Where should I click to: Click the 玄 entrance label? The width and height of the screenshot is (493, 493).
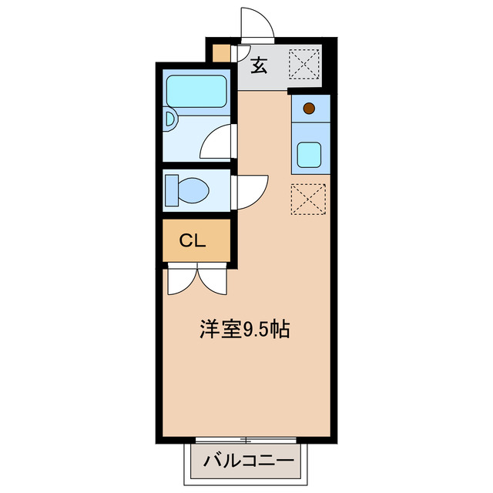click(x=260, y=66)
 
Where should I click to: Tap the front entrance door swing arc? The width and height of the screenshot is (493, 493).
click(x=257, y=23)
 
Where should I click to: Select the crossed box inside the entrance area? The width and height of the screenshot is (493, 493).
click(x=304, y=62)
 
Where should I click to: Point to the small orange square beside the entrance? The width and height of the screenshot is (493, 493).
click(x=221, y=55)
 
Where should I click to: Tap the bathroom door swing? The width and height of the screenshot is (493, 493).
click(x=217, y=143)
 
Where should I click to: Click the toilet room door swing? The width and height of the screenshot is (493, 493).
click(x=250, y=191)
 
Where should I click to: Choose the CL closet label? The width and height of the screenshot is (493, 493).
click(x=192, y=240)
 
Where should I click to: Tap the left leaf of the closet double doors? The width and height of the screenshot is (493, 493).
click(x=181, y=280)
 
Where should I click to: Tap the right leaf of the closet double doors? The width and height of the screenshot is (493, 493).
click(x=214, y=280)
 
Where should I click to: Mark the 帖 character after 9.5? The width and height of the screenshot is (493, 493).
click(x=281, y=330)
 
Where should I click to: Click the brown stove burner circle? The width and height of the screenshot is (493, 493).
click(x=309, y=109)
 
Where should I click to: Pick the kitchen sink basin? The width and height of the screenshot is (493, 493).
click(x=311, y=155)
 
